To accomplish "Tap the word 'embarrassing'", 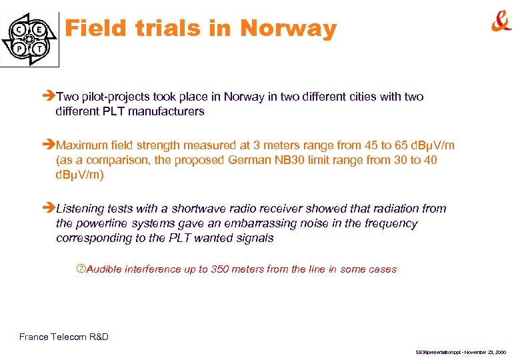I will pyautogui.click(x=277, y=223).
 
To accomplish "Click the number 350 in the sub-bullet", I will pyautogui.click(x=221, y=269).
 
